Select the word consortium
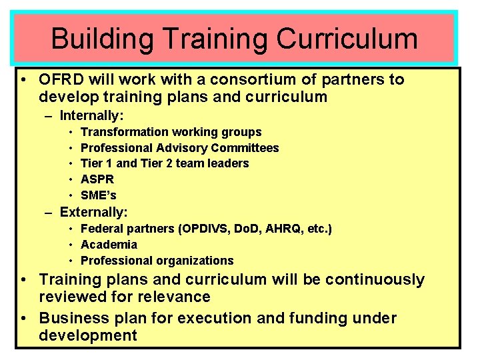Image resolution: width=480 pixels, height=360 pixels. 251,80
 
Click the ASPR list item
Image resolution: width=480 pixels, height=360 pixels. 97,179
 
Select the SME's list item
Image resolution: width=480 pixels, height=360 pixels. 99,195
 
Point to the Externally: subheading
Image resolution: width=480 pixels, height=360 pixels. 93,212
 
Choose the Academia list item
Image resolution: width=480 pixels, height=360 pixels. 109,245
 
